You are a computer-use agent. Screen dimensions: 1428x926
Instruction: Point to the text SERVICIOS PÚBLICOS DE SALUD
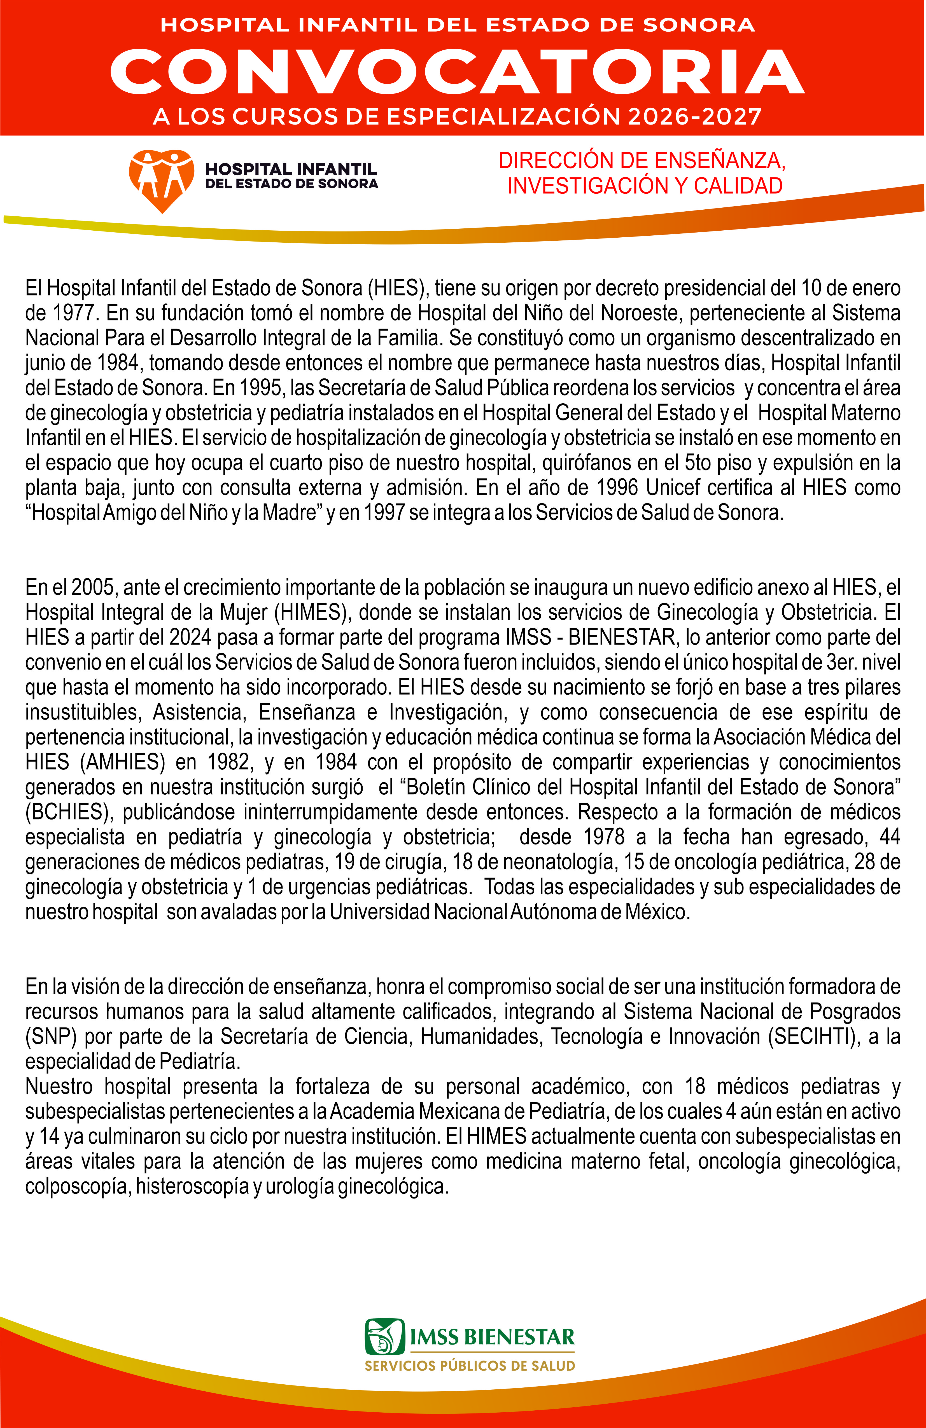(x=470, y=1366)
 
